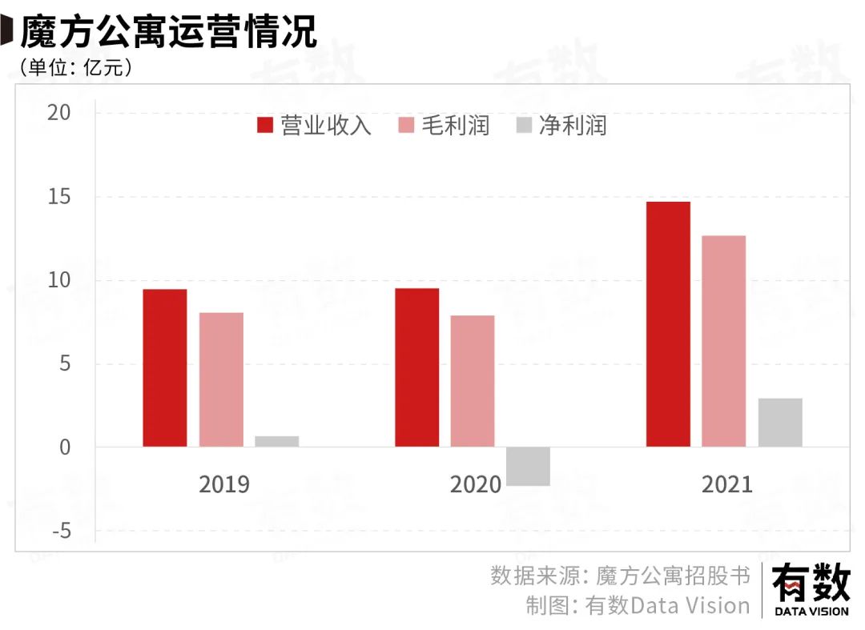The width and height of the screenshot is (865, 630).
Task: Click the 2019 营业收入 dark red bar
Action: [165, 367]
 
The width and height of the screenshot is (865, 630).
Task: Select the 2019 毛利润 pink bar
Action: [221, 379]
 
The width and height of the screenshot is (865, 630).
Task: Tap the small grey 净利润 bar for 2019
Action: [277, 441]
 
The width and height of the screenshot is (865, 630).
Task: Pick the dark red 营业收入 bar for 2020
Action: [417, 367]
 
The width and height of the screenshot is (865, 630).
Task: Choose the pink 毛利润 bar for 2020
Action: [473, 381]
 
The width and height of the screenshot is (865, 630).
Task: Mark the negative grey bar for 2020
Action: [528, 466]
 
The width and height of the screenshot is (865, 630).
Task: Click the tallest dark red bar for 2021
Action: [668, 324]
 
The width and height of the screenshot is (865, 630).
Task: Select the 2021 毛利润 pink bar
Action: [724, 341]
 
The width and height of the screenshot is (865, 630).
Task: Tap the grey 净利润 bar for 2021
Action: [780, 423]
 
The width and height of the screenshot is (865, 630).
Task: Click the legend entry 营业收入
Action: [315, 126]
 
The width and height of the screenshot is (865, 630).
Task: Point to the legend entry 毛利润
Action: [444, 126]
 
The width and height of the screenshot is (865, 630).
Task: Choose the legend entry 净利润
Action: [561, 126]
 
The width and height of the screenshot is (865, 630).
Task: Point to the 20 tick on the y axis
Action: [60, 113]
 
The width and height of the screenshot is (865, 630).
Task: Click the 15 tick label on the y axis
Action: [60, 197]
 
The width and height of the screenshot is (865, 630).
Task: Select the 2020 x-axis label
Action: [476, 484]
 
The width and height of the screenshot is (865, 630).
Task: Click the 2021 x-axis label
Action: [727, 484]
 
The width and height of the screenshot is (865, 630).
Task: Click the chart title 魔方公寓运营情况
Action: [168, 32]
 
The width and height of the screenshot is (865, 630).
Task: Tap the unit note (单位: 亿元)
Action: [76, 68]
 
